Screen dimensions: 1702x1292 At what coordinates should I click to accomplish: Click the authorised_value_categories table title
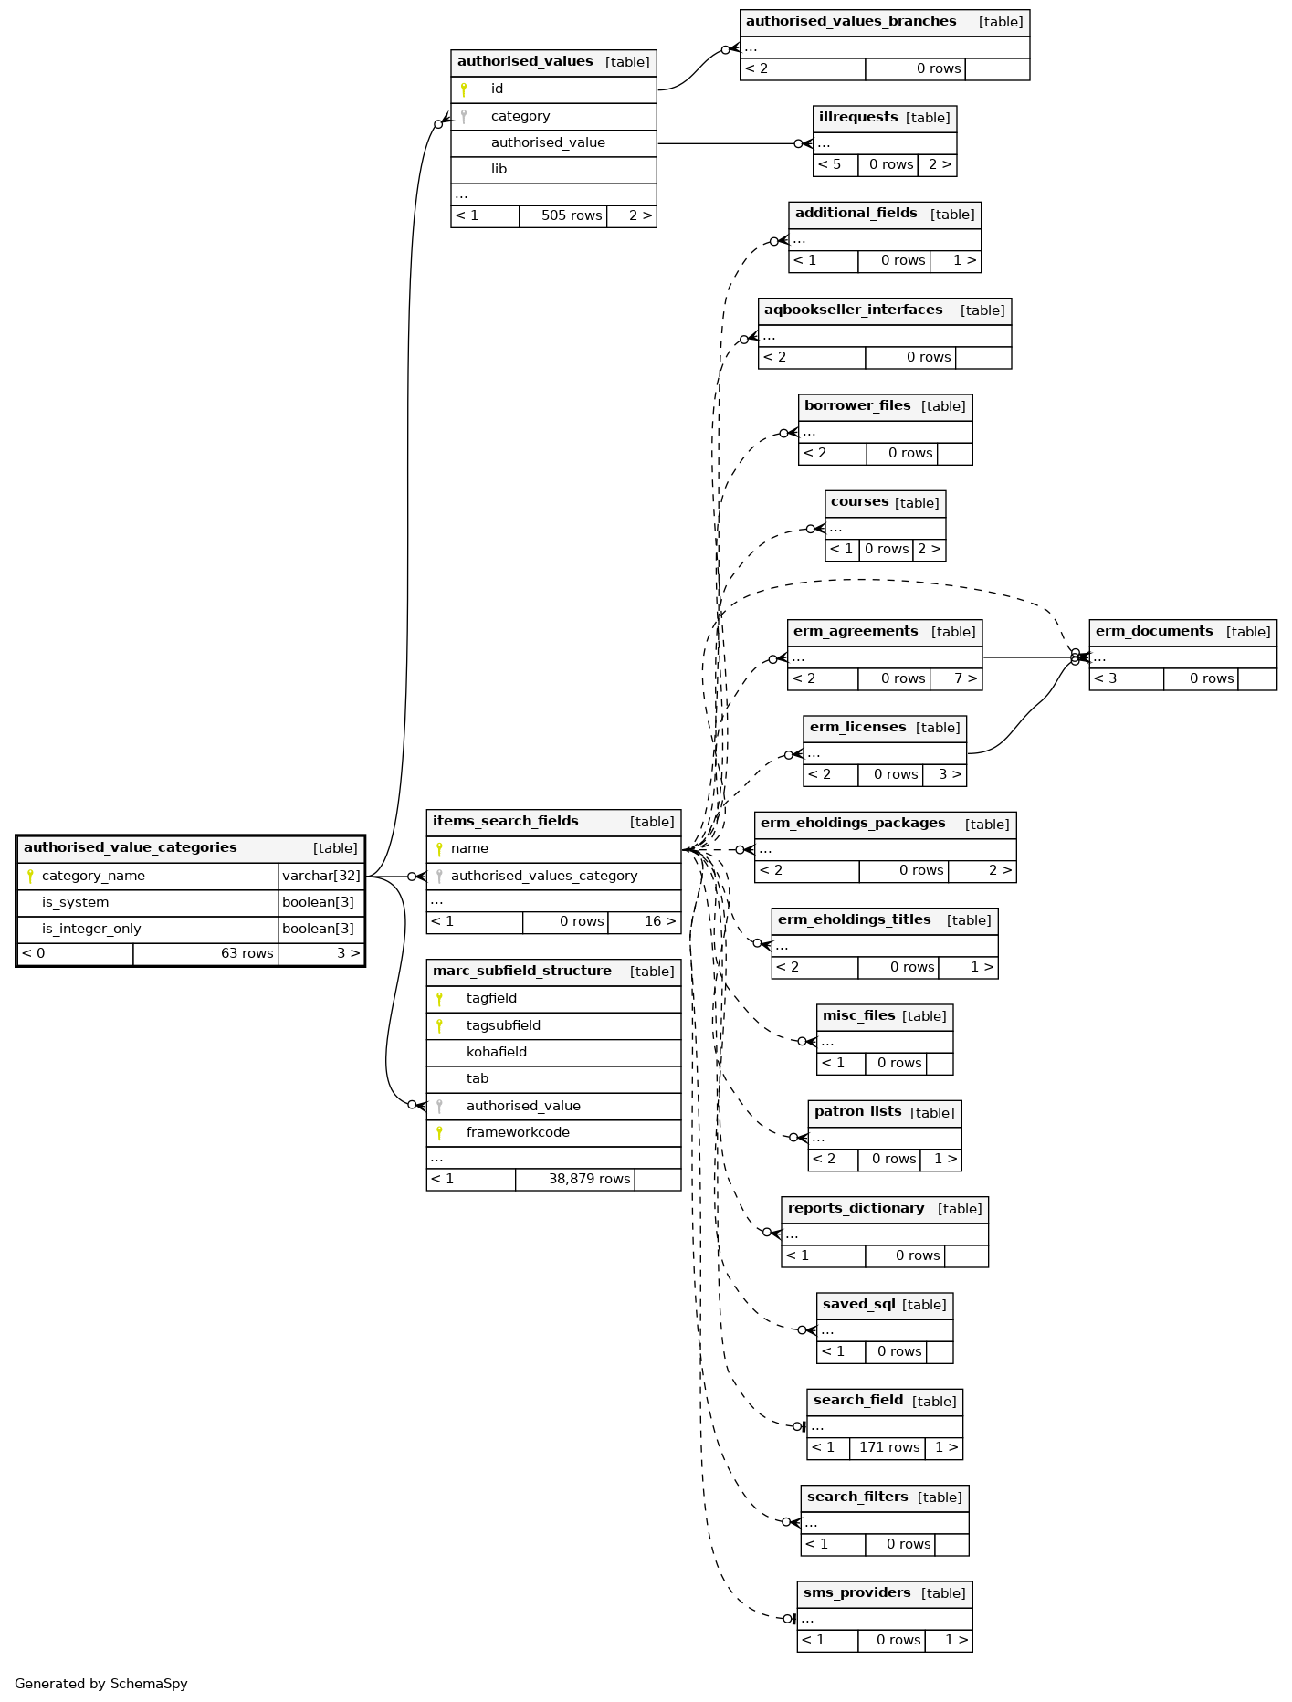click(131, 848)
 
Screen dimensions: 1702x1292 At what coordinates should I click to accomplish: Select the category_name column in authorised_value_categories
click(93, 877)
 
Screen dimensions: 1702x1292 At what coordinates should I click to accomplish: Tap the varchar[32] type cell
click(321, 877)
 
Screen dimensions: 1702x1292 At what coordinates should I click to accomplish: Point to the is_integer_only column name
click(91, 930)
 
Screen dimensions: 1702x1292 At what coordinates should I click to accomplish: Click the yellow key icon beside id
click(464, 89)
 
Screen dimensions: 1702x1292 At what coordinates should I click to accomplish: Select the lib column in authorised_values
click(499, 170)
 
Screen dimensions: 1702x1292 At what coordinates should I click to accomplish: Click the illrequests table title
click(858, 118)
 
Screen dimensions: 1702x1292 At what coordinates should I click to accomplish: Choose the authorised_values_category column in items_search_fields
click(544, 877)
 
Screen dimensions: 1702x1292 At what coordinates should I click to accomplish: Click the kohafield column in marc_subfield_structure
click(497, 1053)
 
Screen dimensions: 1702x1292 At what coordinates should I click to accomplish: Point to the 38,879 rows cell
click(589, 1180)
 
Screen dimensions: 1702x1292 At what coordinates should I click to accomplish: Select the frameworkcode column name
click(518, 1133)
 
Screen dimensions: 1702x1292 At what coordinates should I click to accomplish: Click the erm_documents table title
click(1154, 632)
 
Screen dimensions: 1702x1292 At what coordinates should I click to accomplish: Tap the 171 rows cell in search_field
click(888, 1448)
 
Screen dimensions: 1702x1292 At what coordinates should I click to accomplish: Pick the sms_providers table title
click(856, 1593)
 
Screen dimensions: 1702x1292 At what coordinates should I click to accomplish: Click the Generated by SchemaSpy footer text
click(101, 1684)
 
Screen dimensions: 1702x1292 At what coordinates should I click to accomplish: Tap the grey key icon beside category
click(464, 117)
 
